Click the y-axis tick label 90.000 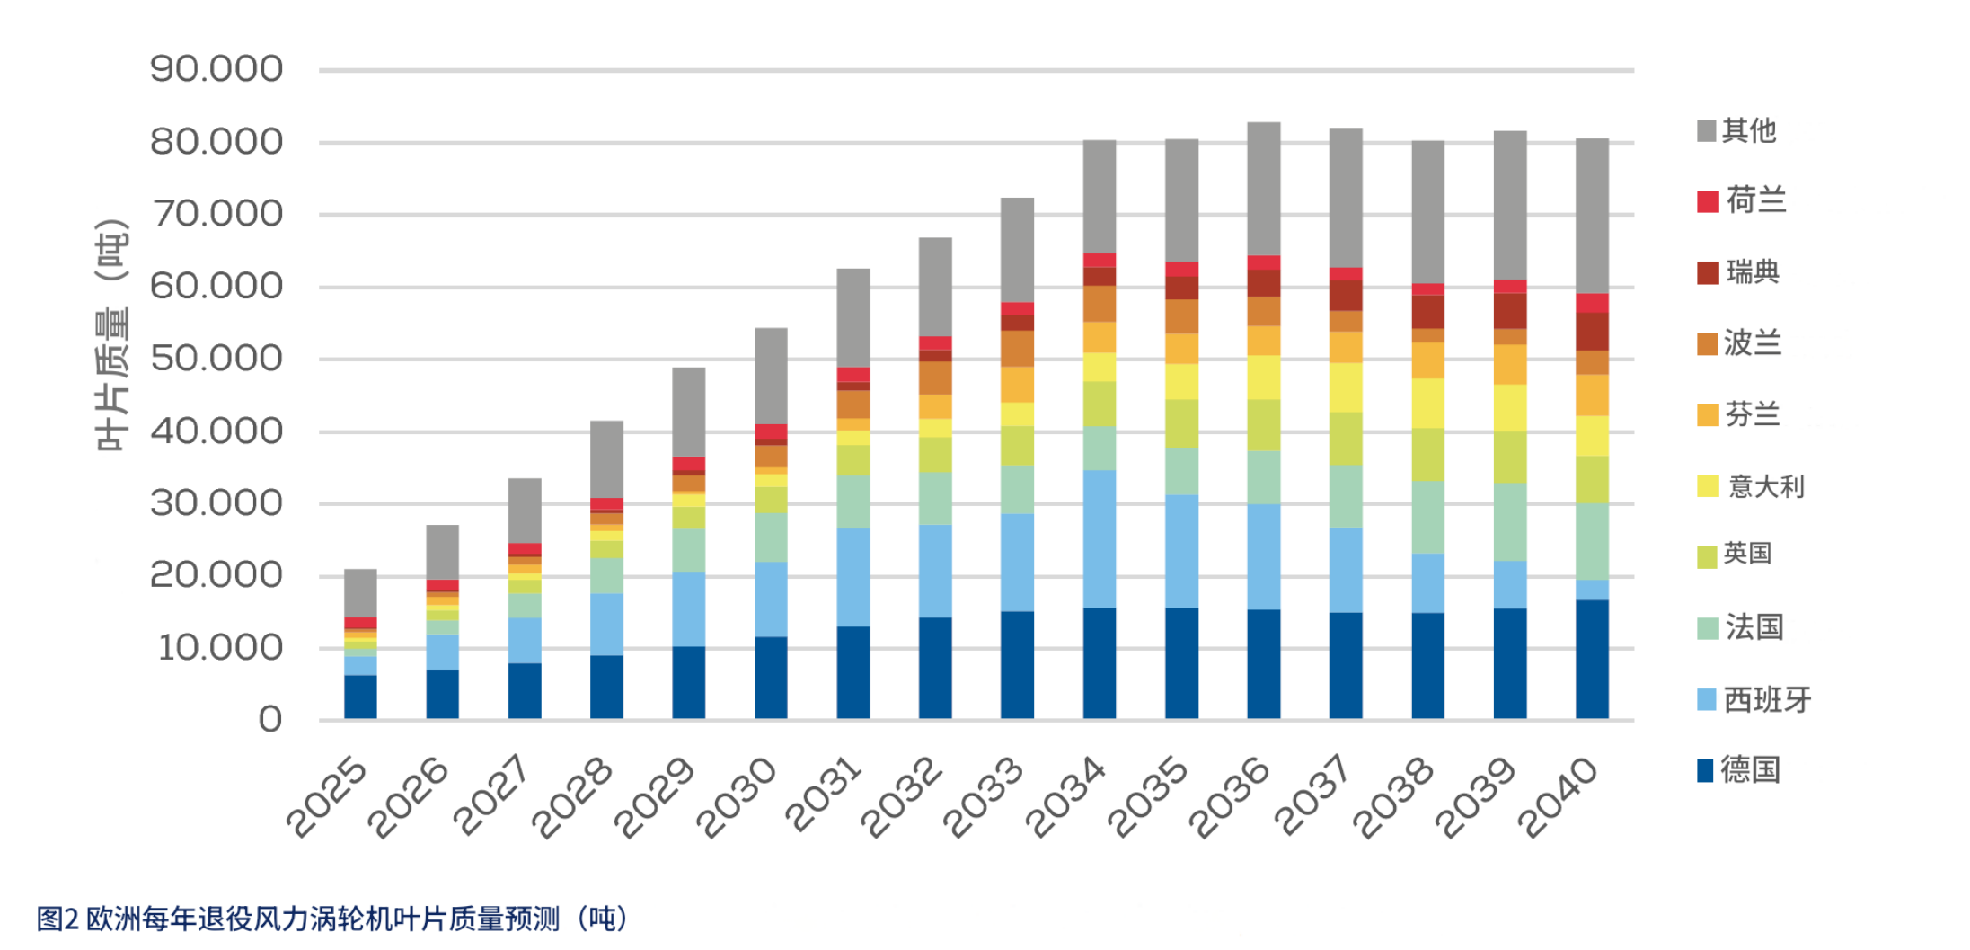[216, 69]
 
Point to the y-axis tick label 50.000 [216, 359]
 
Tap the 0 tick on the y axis [270, 720]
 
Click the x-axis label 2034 [1065, 798]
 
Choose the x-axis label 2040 [1559, 798]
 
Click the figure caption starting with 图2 [332, 919]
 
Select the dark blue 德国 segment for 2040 [1592, 659]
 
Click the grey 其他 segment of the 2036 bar [1264, 189]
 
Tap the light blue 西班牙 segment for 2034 [1100, 538]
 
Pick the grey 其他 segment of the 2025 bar [360, 592]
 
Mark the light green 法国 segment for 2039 [1510, 522]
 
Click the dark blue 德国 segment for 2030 [771, 678]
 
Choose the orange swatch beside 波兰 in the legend [1707, 344]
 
